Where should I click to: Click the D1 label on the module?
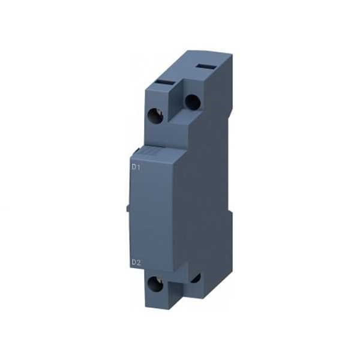click(136, 167)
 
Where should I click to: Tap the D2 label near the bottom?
click(136, 263)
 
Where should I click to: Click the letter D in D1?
click(134, 167)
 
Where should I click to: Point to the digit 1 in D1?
click(139, 167)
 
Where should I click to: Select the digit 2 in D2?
click(139, 263)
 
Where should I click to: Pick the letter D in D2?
click(134, 263)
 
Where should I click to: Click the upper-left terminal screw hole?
click(156, 116)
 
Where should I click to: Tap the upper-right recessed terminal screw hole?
click(193, 102)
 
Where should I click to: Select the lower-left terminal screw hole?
click(155, 284)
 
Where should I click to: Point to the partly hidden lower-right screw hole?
click(196, 278)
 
